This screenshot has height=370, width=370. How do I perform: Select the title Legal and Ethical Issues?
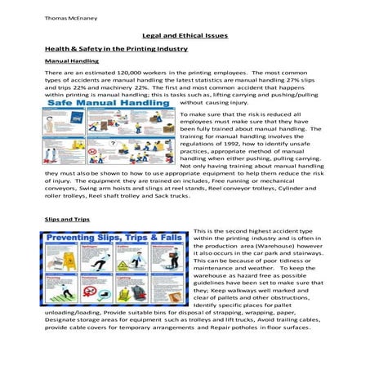click(x=184, y=37)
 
